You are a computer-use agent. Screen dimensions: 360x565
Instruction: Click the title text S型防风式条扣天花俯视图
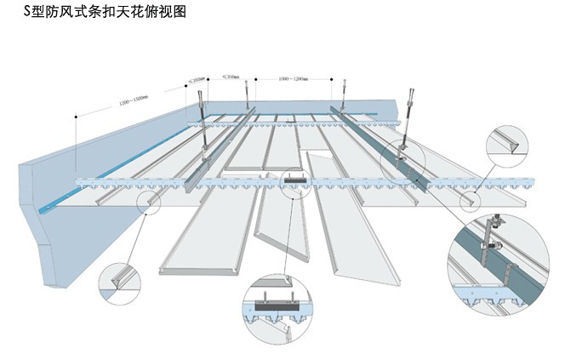[x=94, y=11]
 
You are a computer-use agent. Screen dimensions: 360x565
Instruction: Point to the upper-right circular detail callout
[x=512, y=151]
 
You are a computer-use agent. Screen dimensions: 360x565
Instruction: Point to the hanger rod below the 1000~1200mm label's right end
[x=344, y=88]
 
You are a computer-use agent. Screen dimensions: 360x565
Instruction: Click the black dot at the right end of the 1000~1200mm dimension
[x=332, y=78]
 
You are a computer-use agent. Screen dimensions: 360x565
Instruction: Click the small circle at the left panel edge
[x=151, y=200]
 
